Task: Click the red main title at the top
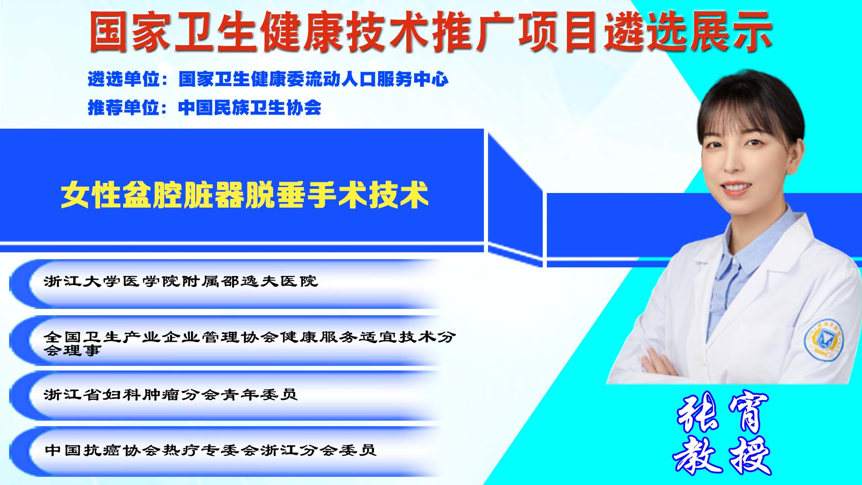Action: [x=430, y=31]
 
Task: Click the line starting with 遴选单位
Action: [x=268, y=79]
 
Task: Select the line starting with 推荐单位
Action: [x=204, y=108]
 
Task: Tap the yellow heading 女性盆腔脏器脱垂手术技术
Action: [x=244, y=195]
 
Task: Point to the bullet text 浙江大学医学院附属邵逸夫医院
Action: [x=181, y=281]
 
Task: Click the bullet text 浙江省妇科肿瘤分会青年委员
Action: [x=171, y=394]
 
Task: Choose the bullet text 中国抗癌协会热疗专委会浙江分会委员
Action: [x=210, y=450]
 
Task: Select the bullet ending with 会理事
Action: [x=250, y=343]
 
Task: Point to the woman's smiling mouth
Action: [x=735, y=187]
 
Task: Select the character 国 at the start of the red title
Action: [x=108, y=31]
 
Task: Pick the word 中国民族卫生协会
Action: [x=249, y=108]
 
